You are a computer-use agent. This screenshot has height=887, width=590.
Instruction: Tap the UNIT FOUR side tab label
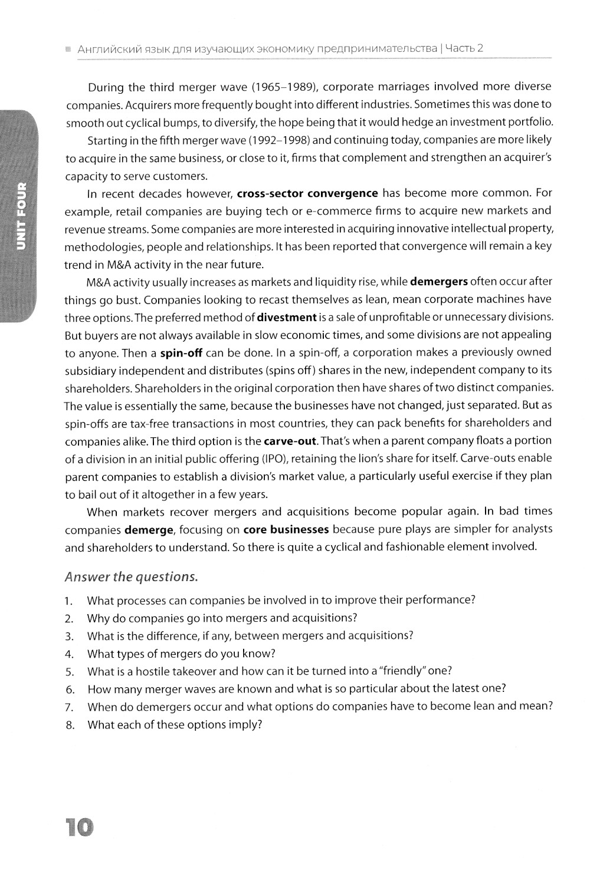pos(21,216)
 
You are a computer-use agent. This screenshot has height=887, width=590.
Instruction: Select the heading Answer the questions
pos(131,576)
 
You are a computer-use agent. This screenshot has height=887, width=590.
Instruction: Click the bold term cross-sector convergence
pos(307,193)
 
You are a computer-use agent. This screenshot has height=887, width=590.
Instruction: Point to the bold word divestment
pos(287,317)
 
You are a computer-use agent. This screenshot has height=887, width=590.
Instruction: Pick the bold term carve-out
pos(290,441)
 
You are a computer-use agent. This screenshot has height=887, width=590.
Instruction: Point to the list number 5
pos(70,671)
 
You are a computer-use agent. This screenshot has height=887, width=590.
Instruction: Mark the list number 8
pos(70,725)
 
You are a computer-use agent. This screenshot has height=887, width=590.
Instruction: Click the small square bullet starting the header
pos(68,49)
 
